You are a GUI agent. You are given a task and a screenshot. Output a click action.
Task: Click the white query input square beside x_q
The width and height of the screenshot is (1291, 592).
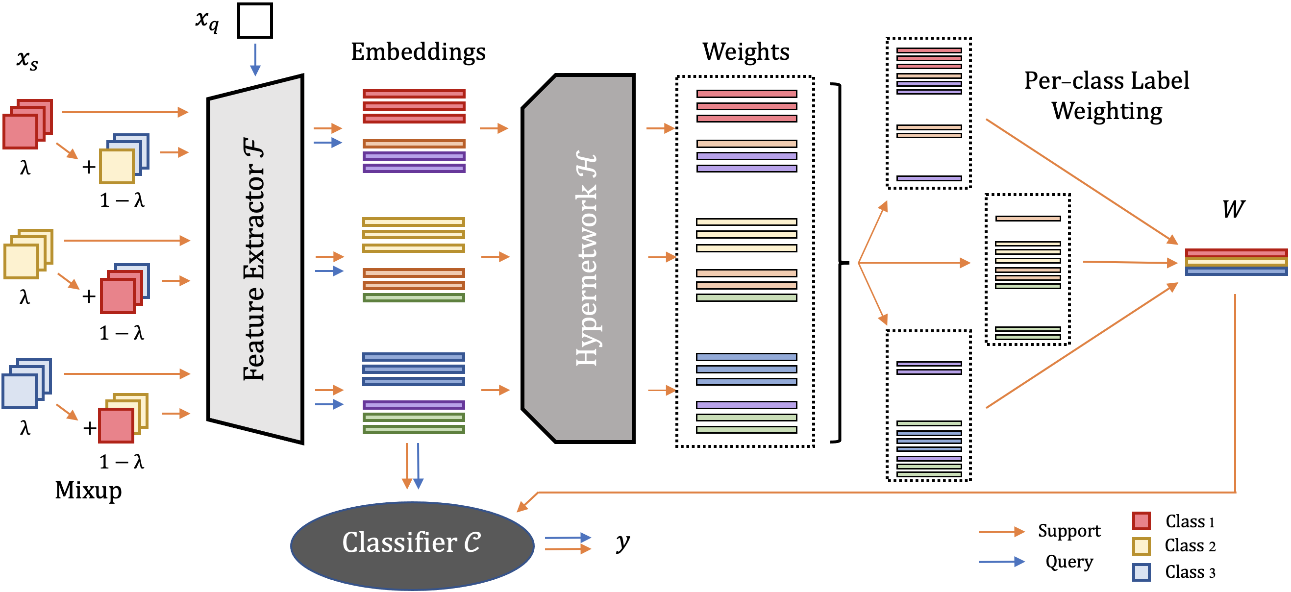254,21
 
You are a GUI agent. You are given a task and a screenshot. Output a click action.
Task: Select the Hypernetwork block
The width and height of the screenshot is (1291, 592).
579,259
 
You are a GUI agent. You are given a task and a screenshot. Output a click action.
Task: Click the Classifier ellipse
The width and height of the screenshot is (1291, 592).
412,545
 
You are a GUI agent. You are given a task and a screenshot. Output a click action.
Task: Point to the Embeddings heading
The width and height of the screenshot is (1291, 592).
418,51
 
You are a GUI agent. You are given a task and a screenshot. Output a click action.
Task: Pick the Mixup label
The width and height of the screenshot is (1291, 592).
88,490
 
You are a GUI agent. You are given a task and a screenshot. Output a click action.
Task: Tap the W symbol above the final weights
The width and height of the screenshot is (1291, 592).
1233,209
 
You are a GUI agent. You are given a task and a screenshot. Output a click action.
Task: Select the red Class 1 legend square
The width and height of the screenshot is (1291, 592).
1141,521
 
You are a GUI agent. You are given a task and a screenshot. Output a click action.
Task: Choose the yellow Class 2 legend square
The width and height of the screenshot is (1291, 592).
1141,546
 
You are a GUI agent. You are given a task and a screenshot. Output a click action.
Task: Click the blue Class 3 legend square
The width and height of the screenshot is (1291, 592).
1141,572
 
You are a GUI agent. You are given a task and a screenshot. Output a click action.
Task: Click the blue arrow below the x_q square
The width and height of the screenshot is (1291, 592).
255,59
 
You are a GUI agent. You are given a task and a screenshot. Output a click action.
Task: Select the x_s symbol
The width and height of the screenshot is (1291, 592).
27,60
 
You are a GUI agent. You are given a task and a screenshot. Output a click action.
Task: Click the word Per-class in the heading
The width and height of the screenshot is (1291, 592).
1062,81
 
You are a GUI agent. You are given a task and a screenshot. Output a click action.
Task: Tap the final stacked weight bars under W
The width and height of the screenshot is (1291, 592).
1236,262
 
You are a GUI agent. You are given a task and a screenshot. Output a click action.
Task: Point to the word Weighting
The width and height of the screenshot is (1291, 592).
1107,111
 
